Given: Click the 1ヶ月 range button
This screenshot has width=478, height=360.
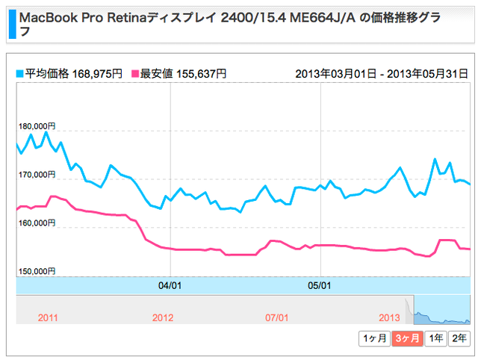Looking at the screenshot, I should point(374,338).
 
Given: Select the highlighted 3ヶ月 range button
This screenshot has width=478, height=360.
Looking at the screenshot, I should point(407,338).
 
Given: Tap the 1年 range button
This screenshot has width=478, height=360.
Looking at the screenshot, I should point(435,338).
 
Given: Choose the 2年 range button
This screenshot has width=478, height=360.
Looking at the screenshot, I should point(459,338).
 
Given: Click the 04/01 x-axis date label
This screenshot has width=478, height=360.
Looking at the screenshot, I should point(171,285).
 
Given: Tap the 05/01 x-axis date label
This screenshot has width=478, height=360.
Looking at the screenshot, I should point(320,285).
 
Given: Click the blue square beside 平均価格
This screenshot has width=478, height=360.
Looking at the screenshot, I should point(20,73).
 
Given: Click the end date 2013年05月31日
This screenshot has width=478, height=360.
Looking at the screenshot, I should point(428,73).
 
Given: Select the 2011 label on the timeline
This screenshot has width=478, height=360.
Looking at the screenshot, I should point(48,317).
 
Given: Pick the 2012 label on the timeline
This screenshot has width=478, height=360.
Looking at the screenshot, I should point(162,317).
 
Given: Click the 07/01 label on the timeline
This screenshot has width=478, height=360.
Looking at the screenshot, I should point(276,317).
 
